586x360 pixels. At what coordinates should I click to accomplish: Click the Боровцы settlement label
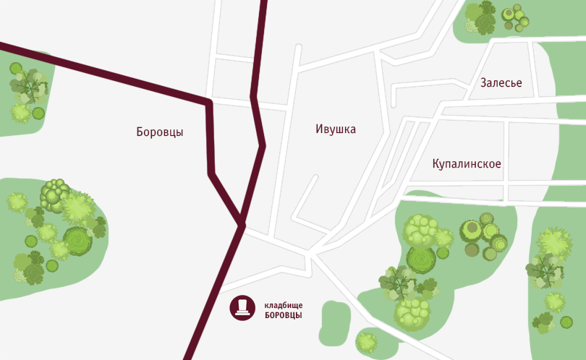point(159,132)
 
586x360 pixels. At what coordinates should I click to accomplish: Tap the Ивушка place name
point(336,129)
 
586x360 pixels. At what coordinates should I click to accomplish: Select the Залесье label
point(501,83)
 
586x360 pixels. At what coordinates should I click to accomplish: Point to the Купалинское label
point(467,164)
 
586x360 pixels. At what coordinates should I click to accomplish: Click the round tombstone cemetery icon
point(242,307)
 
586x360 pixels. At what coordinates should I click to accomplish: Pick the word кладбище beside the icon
point(283,304)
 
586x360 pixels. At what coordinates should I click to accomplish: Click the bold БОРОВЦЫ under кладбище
point(283,315)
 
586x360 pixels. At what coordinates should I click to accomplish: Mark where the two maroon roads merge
point(240,223)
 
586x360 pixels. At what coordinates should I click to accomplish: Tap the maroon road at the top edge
point(263,3)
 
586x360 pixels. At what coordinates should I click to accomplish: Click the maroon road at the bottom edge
point(189,356)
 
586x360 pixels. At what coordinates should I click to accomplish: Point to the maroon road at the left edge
point(3,46)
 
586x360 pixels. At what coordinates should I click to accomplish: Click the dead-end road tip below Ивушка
point(318,177)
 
